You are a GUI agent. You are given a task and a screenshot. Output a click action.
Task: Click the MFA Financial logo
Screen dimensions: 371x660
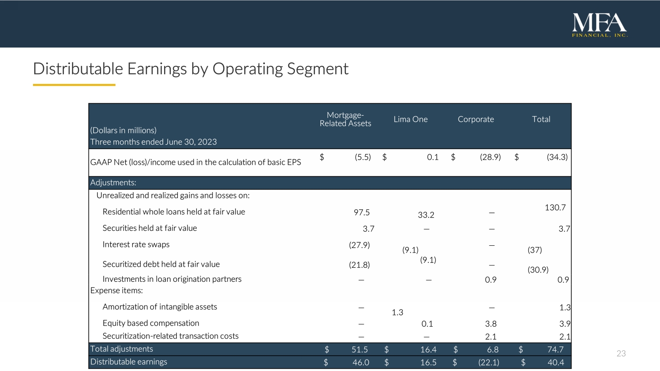coord(600,25)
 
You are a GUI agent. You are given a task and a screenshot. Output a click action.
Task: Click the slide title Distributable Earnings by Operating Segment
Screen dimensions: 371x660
coord(191,69)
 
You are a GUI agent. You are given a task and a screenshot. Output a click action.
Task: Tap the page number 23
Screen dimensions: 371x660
coord(621,353)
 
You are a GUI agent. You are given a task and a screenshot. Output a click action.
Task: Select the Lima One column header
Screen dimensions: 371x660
coord(411,119)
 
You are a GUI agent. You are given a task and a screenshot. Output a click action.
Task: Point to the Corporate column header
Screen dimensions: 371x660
coord(476,119)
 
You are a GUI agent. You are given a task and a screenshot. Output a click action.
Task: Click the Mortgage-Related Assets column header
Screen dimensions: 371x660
coord(345,119)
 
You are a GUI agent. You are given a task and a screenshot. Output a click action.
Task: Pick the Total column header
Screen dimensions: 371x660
coord(541,119)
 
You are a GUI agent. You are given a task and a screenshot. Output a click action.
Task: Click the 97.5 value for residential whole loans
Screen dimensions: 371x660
coord(362,212)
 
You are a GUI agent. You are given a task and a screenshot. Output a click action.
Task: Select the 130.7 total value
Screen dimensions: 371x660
coord(555,207)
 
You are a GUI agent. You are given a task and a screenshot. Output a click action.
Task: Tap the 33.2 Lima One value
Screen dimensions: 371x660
coord(426,215)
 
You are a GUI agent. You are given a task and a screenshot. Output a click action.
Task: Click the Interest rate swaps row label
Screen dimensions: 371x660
coord(136,244)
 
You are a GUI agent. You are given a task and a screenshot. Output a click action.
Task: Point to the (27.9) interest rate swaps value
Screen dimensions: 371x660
coord(359,245)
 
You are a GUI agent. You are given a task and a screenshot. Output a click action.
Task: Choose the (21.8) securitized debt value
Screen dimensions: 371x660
coord(359,265)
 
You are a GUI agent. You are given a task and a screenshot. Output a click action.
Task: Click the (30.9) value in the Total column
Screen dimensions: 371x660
coord(538,270)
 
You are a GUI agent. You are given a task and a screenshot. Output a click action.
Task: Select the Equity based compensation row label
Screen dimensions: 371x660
coord(151,323)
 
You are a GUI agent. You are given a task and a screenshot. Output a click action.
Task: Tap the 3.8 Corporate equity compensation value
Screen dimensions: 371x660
coord(491,324)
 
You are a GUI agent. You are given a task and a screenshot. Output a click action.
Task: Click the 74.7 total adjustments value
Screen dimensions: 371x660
coord(555,349)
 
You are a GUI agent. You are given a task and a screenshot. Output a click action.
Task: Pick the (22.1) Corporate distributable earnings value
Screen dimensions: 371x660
coord(489,363)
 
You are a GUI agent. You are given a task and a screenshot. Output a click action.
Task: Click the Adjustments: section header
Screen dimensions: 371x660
coord(113,182)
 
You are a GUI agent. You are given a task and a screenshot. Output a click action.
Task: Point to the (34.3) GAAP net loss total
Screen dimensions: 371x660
coord(557,157)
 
